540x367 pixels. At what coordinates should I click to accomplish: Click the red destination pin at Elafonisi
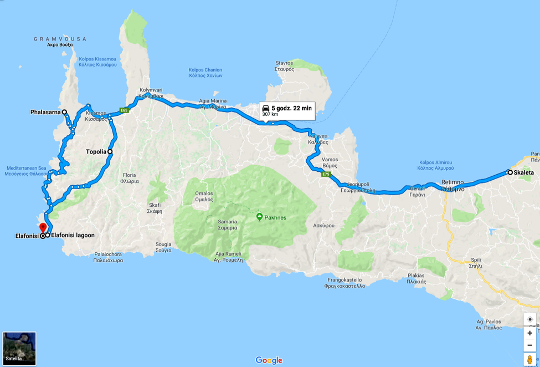[x=43, y=227]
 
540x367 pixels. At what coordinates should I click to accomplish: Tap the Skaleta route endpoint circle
[x=510, y=172]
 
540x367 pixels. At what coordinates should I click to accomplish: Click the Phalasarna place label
[x=45, y=112]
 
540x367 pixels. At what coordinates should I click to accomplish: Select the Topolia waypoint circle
[x=110, y=151]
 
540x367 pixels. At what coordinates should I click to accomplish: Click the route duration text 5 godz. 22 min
[x=291, y=108]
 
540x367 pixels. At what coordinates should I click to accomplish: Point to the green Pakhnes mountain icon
[x=259, y=217]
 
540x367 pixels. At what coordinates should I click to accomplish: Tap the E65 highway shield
[x=124, y=110]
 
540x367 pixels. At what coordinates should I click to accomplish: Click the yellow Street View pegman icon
[x=530, y=359]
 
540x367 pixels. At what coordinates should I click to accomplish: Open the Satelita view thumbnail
[x=19, y=349]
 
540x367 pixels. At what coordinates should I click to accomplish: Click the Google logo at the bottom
[x=269, y=360]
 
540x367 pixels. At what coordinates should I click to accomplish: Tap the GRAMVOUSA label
[x=60, y=39]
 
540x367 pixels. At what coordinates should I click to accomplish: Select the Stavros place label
[x=284, y=63]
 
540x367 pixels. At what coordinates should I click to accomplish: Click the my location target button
[x=530, y=319]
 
